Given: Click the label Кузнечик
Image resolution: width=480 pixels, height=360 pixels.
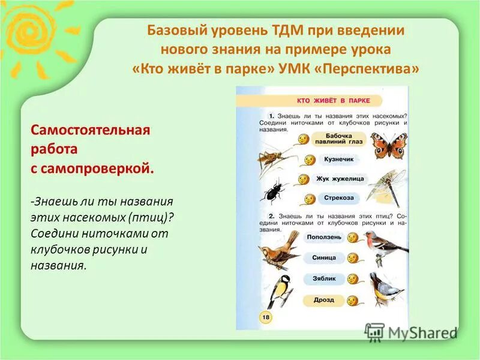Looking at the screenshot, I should click(339, 160).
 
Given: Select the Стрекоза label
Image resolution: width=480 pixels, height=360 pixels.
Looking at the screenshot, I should click(339, 197).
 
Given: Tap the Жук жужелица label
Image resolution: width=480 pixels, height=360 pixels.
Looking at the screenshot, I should click(340, 178).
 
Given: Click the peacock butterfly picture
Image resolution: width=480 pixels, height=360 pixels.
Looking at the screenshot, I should click(388, 145).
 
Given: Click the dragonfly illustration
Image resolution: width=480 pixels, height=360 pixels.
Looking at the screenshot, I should click(386, 185).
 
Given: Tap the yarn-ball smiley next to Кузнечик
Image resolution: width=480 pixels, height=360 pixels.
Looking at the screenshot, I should click(310, 160).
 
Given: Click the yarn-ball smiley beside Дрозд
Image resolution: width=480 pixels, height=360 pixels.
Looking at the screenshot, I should click(350, 300).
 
